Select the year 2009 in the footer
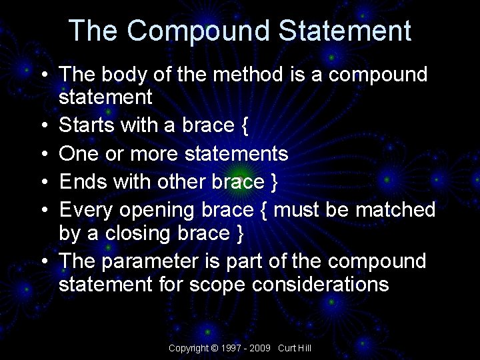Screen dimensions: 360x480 (x=261, y=348)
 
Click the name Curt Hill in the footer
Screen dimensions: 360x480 (x=295, y=348)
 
